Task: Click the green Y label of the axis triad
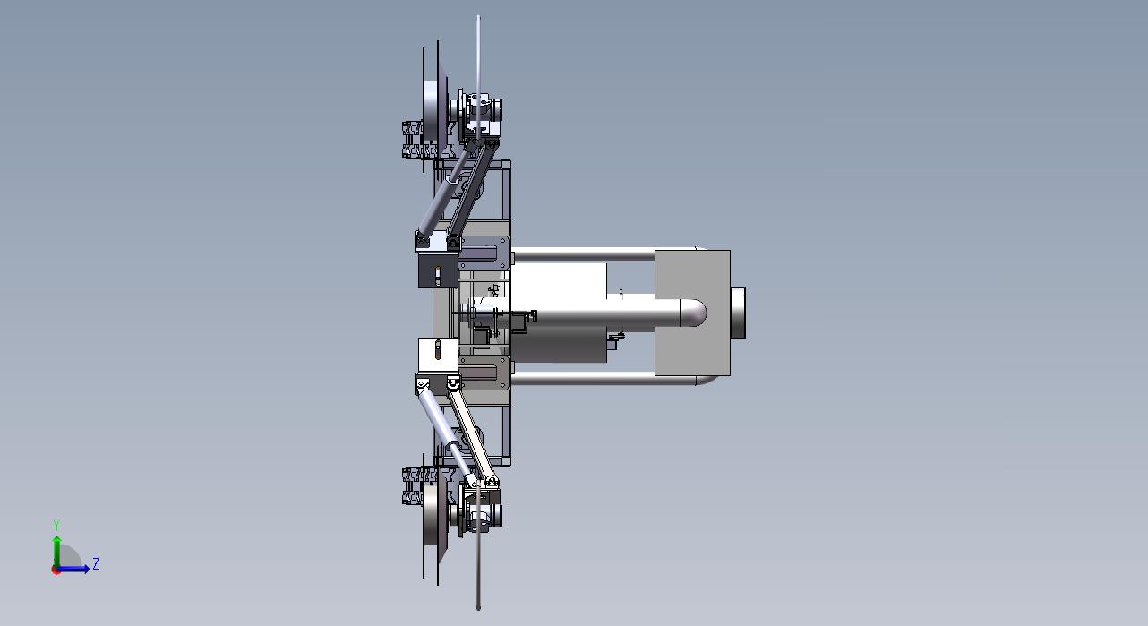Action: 56,526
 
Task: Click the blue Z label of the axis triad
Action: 95,564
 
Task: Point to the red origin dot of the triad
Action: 56,570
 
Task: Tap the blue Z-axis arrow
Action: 73,569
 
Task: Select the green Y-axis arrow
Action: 57,553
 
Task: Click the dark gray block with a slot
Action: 438,270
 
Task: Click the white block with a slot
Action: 438,355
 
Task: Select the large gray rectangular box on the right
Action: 692,313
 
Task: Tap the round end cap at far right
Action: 739,313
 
